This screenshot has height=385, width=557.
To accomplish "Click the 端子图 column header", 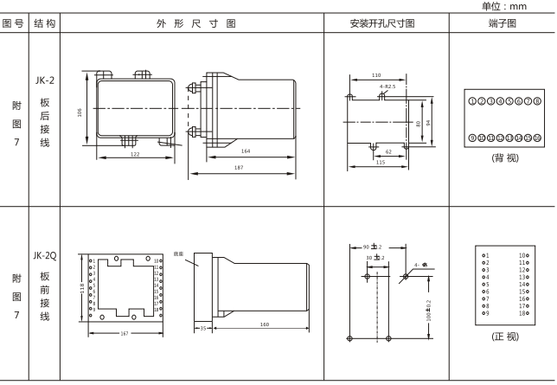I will (503, 23).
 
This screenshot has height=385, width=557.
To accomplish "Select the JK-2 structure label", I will (45, 80).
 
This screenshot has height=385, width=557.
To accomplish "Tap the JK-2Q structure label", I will (45, 258).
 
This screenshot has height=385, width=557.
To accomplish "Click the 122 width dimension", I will (136, 153).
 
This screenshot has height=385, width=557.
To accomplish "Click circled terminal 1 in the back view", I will (471, 100).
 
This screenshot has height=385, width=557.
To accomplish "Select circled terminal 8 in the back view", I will (537, 100).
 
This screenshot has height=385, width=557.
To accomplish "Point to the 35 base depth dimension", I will (202, 329).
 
